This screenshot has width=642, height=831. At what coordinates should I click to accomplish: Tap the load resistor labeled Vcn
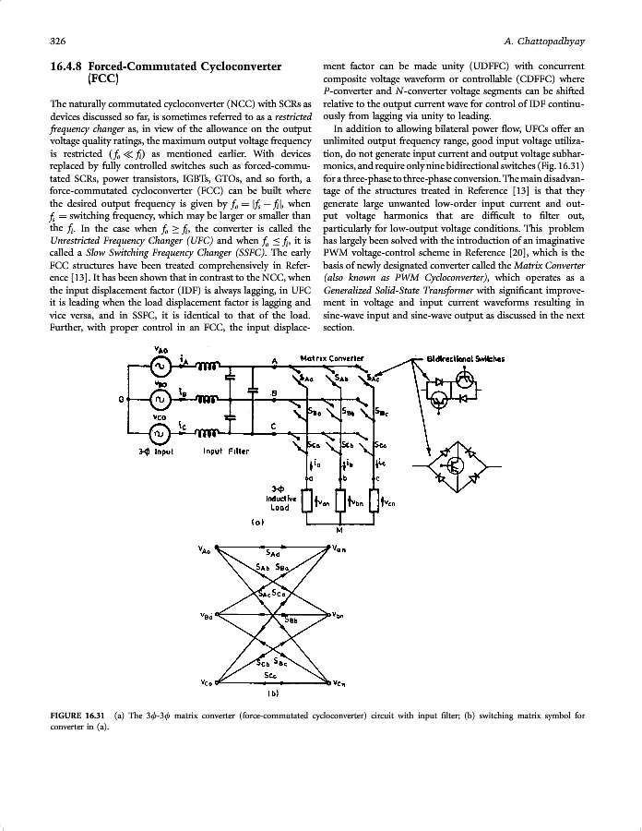click(374, 501)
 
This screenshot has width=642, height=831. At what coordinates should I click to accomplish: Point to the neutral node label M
click(339, 530)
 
